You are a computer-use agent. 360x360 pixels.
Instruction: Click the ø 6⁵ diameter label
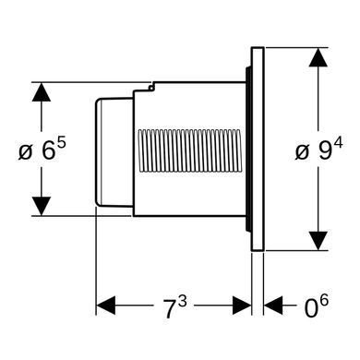coord(42,150)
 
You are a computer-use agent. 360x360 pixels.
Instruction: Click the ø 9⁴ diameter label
coord(318,150)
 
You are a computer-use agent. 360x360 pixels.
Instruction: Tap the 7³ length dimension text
coord(174,307)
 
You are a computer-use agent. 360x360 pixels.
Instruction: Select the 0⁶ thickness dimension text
coord(316,306)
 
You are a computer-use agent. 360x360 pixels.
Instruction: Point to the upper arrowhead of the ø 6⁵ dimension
coord(41,92)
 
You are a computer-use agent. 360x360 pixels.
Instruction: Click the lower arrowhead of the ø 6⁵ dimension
coord(41,206)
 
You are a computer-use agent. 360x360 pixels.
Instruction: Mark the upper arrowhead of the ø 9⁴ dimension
coord(318,57)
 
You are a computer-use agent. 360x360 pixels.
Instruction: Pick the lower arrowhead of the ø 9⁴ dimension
coord(318,241)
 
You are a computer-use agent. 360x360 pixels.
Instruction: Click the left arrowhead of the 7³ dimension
coord(106,306)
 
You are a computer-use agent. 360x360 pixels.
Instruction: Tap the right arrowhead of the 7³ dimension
coord(242,306)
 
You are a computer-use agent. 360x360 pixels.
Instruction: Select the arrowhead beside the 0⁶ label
coord(273,306)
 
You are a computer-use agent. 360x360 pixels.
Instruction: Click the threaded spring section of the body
coord(189,150)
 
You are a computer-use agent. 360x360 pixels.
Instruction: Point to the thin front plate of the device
coord(258,149)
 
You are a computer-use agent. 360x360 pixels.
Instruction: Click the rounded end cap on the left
coord(114,152)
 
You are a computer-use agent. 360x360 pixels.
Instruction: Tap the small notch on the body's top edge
coord(150,87)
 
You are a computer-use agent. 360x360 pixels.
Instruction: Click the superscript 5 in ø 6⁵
coord(61,144)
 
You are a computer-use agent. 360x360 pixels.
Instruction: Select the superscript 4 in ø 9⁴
coord(338,144)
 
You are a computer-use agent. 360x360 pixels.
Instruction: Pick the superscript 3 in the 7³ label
coord(183,303)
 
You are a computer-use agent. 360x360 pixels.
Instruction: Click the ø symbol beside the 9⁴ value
coord(302,152)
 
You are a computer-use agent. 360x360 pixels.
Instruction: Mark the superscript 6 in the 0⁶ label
coord(324,300)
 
